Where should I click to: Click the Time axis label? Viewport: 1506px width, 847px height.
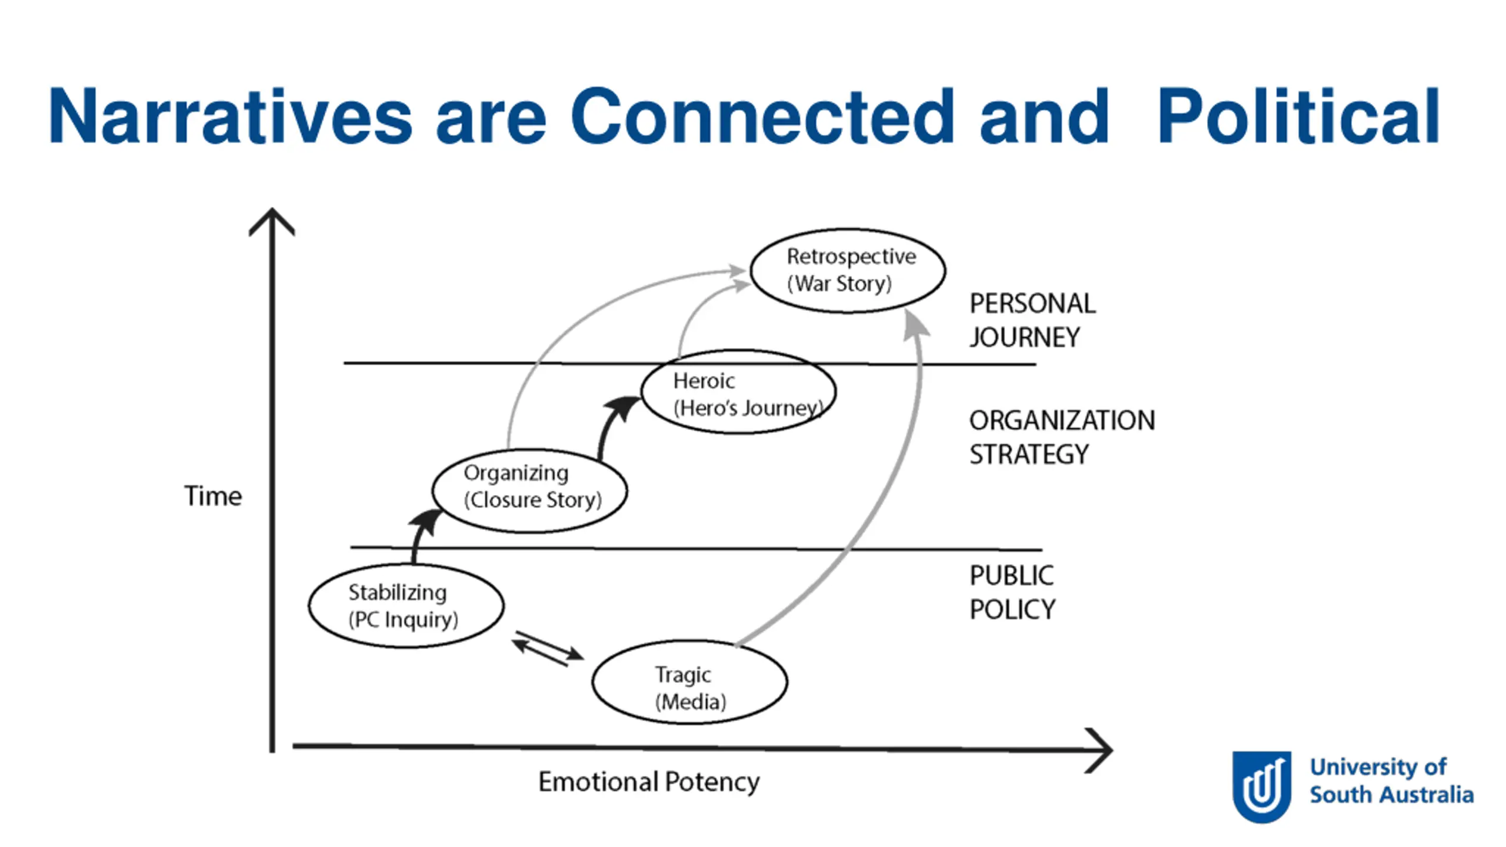click(213, 496)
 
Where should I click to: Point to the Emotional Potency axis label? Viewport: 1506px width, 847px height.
click(649, 782)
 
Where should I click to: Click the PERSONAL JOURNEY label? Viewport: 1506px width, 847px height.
click(1032, 321)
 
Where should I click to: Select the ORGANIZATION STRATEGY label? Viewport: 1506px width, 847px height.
click(1062, 437)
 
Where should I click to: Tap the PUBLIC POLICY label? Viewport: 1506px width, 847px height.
click(1012, 592)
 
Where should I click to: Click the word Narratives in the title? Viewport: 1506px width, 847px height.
click(231, 115)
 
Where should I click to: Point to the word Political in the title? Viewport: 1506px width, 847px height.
click(1299, 115)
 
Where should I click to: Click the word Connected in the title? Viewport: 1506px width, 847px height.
click(762, 115)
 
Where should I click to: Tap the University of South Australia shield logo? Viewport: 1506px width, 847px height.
click(1262, 786)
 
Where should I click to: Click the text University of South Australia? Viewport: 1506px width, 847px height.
click(1391, 781)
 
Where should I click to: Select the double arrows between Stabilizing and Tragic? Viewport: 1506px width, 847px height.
click(548, 649)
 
